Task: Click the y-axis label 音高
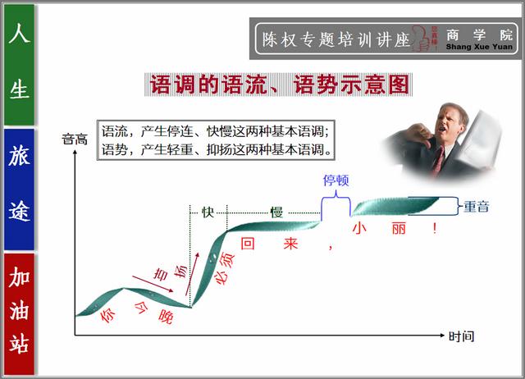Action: tap(75, 139)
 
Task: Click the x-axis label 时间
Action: tap(461, 336)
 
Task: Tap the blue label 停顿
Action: tap(336, 180)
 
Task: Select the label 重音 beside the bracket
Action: tap(476, 206)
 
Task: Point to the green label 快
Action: tap(208, 212)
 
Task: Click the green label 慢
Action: tap(276, 212)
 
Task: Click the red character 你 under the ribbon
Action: tap(108, 315)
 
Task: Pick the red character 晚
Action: tap(166, 316)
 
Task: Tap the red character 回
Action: tap(248, 244)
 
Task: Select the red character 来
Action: tap(290, 244)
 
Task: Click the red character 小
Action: tap(359, 228)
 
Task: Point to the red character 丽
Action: tap(399, 228)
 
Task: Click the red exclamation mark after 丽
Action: tap(435, 228)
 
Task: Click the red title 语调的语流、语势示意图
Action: tap(279, 84)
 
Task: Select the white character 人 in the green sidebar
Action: tap(19, 33)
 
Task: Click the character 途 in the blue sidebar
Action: tap(19, 211)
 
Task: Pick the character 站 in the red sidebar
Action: tap(19, 343)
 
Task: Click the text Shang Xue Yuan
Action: tap(479, 47)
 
